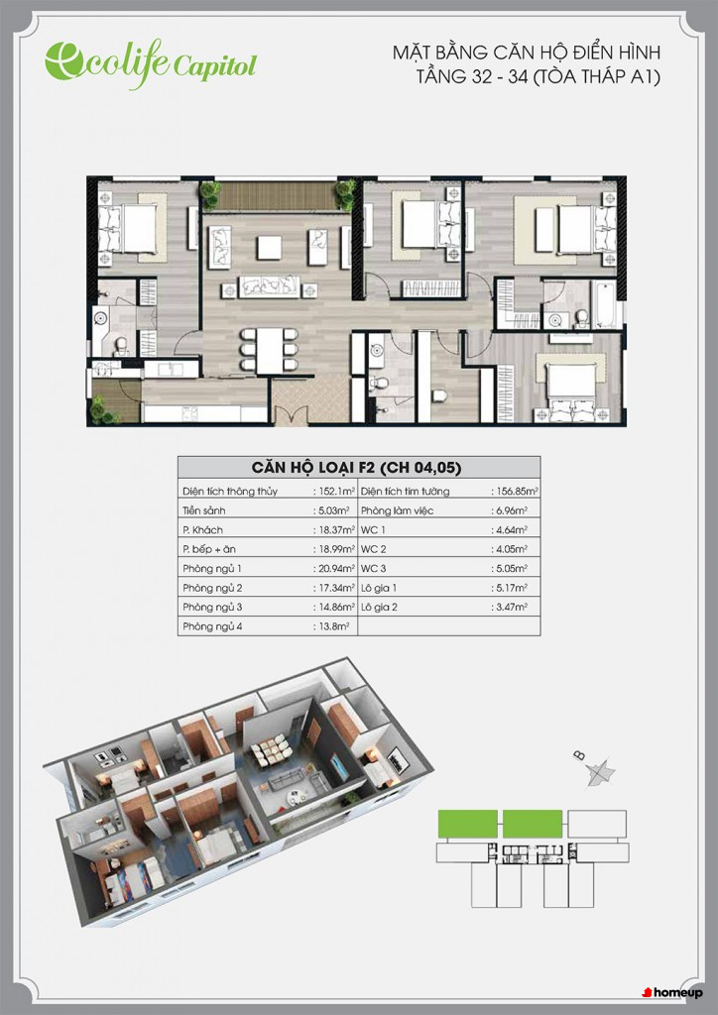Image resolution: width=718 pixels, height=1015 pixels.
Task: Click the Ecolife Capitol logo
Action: pos(151,63)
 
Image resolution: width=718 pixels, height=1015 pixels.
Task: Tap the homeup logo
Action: pos(672,992)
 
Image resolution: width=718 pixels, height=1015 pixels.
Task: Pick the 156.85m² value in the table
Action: pos(516,492)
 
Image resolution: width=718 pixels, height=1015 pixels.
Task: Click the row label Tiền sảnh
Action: pos(204,510)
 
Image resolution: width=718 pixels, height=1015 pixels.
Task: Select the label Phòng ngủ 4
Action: pos(212,626)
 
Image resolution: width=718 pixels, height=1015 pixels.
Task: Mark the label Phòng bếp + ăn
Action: pos(209,549)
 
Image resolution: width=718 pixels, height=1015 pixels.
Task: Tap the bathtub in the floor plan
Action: pos(607,304)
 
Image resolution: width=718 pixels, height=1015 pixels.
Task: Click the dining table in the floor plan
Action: pos(269,350)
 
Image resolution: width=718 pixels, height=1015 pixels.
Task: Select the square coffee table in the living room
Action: pos(269,247)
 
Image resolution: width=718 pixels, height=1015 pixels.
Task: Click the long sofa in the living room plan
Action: pos(270,286)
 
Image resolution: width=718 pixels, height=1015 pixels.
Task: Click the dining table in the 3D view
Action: pos(273,752)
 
